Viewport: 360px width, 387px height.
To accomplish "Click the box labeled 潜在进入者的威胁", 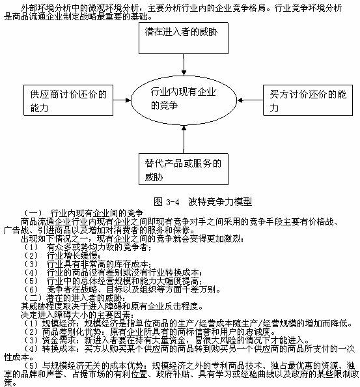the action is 184,38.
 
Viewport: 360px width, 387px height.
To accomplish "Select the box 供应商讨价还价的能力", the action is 68,100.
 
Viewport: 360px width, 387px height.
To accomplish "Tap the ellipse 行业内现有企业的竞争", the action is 184,100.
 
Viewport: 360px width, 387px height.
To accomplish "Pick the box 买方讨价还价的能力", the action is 308,100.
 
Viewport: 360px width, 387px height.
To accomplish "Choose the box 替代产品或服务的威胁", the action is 184,169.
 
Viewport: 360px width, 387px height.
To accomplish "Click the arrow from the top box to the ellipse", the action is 184,64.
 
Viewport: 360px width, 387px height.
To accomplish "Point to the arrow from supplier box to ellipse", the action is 122,100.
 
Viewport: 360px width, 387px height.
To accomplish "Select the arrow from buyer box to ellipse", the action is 250,100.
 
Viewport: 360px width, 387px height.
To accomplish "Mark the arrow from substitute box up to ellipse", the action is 184,139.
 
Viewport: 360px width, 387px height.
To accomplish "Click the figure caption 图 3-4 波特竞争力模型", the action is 202,202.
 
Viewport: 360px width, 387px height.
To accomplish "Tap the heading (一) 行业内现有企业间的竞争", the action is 83,213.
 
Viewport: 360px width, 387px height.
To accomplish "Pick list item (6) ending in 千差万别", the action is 122,289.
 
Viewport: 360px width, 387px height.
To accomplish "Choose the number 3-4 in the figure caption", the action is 173,202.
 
